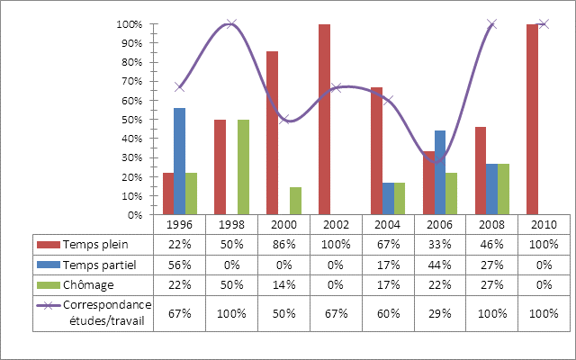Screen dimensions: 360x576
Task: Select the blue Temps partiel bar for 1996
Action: [179, 162]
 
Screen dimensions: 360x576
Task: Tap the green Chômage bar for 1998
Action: [243, 167]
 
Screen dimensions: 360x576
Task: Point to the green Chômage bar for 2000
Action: [295, 202]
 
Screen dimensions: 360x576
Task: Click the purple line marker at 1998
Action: [231, 24]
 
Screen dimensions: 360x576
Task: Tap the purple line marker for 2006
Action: [440, 160]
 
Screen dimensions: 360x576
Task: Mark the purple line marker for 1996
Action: [179, 87]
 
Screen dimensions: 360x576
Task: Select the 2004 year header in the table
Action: [388, 224]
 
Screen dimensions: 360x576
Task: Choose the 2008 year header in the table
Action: [491, 224]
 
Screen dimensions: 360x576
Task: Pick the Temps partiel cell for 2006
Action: [440, 264]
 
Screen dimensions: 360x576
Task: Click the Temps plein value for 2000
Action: [283, 244]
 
